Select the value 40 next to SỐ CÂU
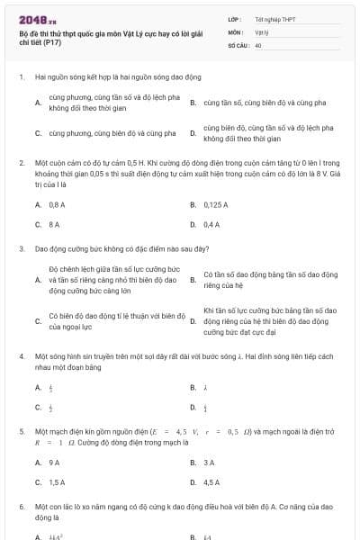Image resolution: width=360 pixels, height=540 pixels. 258,44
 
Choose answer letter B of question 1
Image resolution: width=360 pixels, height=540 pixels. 193,103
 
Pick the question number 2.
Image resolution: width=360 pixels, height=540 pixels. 20,164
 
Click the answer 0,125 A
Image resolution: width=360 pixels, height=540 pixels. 215,205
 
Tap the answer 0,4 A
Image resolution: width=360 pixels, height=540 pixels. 211,224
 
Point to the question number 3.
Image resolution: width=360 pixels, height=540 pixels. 20,247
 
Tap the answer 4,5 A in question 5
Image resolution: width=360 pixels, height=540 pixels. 211,482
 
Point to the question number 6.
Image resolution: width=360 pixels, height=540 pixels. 20,508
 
